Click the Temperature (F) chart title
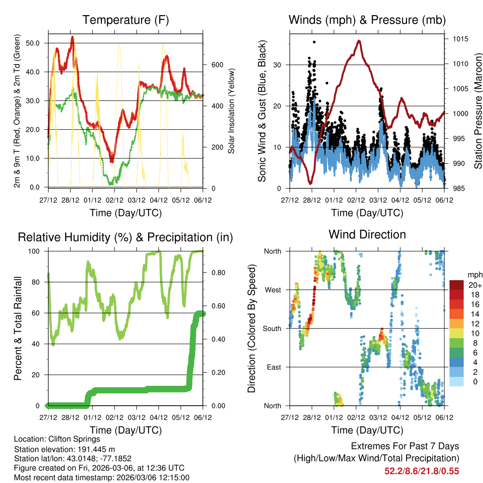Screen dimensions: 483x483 coord(125,20)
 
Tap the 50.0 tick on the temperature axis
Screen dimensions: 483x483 coord(38,43)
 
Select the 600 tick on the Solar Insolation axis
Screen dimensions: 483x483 coord(217,65)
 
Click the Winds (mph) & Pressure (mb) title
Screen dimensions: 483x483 coord(367,20)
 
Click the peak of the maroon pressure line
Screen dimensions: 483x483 coord(359,41)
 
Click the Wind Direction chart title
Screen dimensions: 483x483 coord(367,234)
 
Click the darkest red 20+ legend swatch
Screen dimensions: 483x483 coord(456,285)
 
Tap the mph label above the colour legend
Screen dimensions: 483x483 coord(474,275)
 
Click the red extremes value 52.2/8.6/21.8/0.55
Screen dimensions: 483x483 coord(422,471)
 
